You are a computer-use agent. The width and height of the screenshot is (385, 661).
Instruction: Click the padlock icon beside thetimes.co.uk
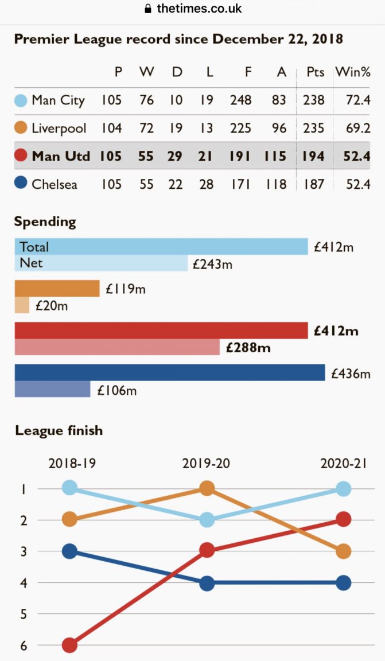click(x=148, y=9)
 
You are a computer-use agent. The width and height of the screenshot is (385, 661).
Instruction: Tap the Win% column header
click(x=353, y=72)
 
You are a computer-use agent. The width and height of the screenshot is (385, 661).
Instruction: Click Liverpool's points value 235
click(x=313, y=128)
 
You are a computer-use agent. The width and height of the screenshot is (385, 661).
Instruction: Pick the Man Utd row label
click(x=61, y=155)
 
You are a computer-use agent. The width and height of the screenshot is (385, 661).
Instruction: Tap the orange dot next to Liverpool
click(x=21, y=129)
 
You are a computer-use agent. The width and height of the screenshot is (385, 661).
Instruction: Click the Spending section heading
click(x=45, y=221)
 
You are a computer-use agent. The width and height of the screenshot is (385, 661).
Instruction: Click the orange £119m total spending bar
click(x=57, y=289)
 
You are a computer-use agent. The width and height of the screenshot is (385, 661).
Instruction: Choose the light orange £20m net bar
click(x=21, y=305)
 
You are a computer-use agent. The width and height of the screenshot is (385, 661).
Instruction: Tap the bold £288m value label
click(x=248, y=348)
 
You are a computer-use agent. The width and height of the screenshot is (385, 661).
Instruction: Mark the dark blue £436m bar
click(x=169, y=373)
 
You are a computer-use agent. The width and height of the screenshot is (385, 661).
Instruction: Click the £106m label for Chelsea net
click(x=117, y=391)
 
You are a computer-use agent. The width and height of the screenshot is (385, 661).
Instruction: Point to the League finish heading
click(x=59, y=430)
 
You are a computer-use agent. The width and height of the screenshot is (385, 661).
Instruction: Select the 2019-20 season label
click(x=206, y=463)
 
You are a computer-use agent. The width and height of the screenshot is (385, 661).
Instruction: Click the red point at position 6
click(x=69, y=646)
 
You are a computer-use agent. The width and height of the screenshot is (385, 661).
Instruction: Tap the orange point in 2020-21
click(x=343, y=551)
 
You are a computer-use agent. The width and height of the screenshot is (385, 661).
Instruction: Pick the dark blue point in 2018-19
click(x=69, y=551)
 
